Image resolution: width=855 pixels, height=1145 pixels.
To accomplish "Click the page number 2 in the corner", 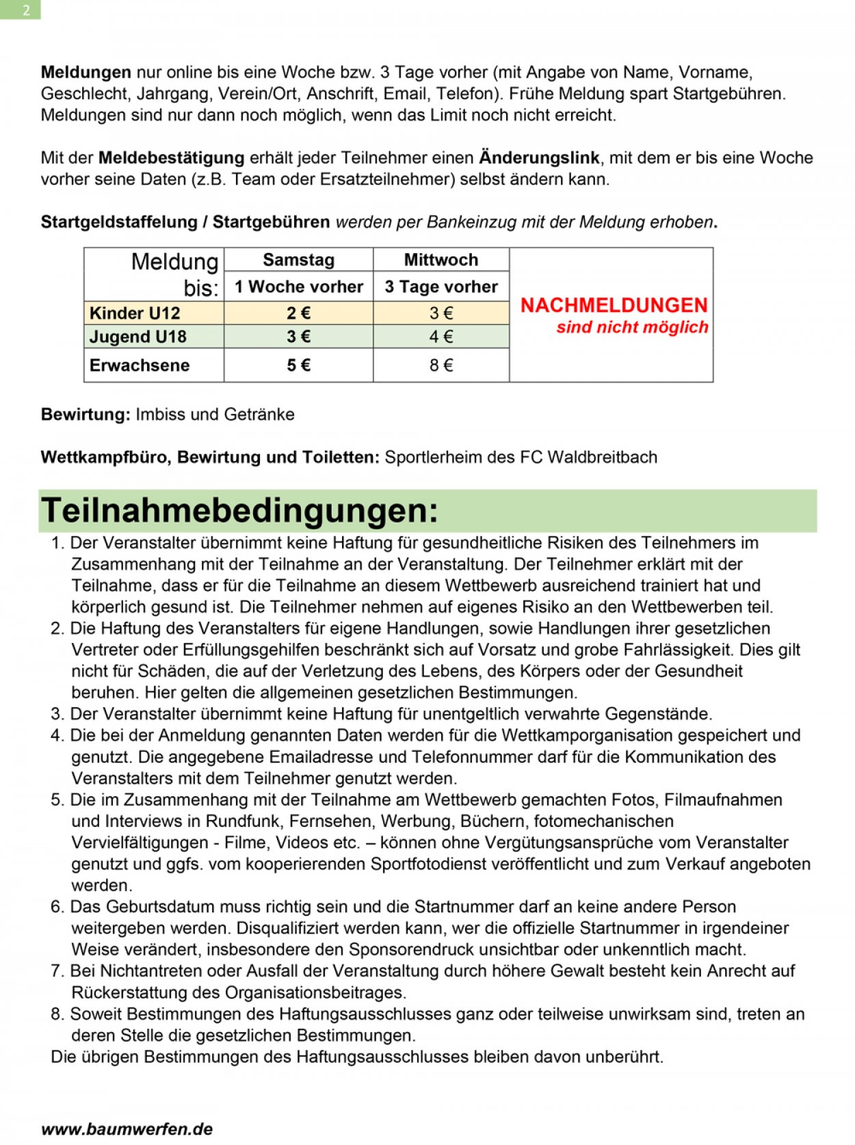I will tap(26, 10).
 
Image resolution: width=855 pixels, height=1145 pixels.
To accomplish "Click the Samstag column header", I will tap(298, 260).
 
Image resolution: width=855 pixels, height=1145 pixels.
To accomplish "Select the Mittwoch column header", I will tap(440, 260).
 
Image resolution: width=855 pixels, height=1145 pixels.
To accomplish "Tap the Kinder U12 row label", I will tap(135, 313).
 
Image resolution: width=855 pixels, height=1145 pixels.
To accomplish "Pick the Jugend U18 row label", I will tap(138, 337).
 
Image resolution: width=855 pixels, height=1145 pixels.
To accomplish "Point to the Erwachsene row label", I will tap(140, 365).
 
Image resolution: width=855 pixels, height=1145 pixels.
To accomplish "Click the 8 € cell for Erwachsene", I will tap(441, 365).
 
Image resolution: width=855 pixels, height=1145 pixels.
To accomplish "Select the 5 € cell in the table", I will tap(298, 365).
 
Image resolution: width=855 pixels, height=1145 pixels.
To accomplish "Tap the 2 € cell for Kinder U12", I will tap(298, 313).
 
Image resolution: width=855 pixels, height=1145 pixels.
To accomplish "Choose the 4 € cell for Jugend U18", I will tap(441, 337).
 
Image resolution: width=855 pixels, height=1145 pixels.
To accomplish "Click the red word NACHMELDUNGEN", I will tap(614, 306).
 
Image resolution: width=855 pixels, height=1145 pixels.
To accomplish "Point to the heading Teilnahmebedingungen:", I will tap(239, 511).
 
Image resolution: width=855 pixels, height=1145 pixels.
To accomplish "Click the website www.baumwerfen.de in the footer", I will tap(127, 1129).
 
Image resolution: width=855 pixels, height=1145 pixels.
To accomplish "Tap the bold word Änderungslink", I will tap(539, 158).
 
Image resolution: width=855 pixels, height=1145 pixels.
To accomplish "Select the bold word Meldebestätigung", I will tap(171, 158).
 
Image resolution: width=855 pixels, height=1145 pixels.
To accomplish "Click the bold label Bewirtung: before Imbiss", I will tap(85, 414).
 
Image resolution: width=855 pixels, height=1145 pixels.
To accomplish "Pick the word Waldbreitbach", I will tap(603, 457).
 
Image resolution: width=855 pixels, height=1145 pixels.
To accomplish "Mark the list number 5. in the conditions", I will tap(57, 800).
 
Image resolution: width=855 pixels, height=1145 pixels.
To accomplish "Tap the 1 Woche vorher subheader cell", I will tap(298, 287).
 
